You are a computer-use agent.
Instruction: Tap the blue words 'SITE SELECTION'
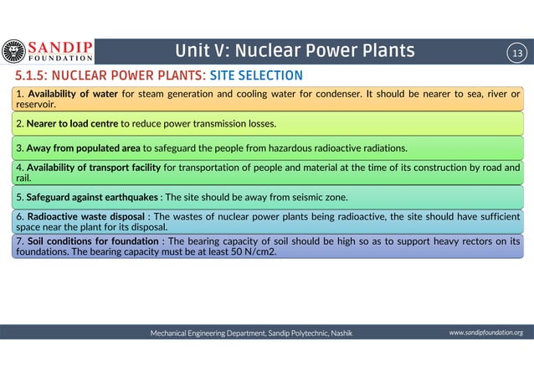pyautogui.click(x=244, y=76)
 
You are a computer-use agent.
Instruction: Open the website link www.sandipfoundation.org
pyautogui.click(x=485, y=333)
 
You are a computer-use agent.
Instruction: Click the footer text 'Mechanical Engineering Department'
pyautogui.click(x=206, y=333)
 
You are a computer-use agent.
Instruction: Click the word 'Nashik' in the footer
pyautogui.click(x=341, y=333)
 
